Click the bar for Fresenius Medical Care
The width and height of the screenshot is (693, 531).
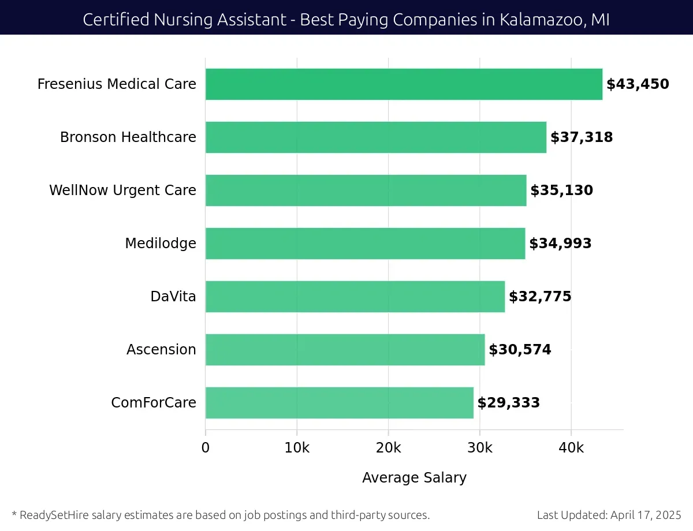click(404, 84)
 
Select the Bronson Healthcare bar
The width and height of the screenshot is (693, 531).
click(376, 137)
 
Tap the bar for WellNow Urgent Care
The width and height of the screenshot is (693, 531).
click(366, 190)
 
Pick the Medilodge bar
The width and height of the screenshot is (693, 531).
click(365, 244)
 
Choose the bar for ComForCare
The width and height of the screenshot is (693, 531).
click(339, 403)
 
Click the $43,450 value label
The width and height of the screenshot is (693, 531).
click(638, 84)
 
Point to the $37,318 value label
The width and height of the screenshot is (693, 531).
click(582, 137)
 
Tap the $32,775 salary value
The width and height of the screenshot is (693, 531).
click(540, 297)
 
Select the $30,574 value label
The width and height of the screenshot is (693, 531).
click(520, 350)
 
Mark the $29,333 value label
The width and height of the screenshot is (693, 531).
click(508, 403)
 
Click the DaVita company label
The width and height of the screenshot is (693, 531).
click(173, 297)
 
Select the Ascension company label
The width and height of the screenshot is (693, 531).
click(161, 350)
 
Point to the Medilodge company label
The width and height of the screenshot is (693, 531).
click(161, 244)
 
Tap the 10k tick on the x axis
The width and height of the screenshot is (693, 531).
click(297, 448)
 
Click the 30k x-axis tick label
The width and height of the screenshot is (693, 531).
click(480, 448)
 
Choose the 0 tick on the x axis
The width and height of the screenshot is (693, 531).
click(206, 448)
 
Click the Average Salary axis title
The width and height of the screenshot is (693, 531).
click(414, 478)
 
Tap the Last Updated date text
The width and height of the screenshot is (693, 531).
click(609, 515)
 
